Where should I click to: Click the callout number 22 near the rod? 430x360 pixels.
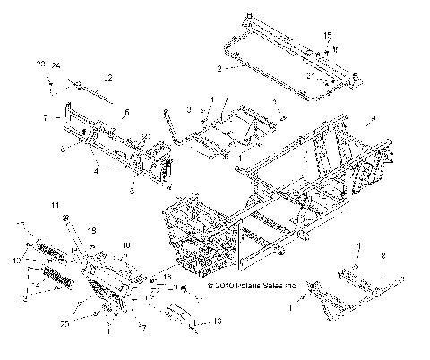(108, 75)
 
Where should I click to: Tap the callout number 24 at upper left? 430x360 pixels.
(55, 65)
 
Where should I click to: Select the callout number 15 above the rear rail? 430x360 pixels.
(327, 35)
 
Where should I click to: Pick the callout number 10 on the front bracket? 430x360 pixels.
(125, 244)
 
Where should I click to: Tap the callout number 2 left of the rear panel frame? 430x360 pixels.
(219, 67)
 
